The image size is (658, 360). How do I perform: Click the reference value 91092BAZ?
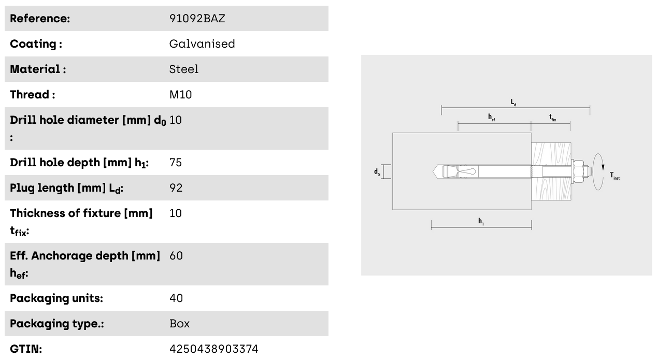tap(197, 19)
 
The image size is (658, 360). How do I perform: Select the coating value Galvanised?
tap(202, 44)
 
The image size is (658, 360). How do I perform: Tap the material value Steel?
tap(184, 69)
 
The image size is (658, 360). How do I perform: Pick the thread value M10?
tap(181, 95)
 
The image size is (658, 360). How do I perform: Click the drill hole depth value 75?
tap(176, 162)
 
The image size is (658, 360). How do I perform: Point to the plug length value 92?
tap(176, 188)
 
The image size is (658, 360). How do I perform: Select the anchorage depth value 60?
tap(176, 256)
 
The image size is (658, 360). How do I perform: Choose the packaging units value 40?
tap(176, 298)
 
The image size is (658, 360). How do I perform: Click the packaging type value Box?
tap(179, 324)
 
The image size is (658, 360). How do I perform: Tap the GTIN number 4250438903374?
tap(214, 349)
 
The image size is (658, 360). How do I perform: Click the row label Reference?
tap(40, 19)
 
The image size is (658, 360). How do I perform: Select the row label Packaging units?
tap(56, 298)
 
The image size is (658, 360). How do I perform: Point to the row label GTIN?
tap(26, 349)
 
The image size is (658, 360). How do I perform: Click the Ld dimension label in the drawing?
tap(513, 103)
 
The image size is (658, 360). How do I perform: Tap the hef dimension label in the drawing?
tap(492, 118)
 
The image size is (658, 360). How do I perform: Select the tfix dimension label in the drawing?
tap(552, 118)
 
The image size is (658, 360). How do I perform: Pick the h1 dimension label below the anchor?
tap(481, 221)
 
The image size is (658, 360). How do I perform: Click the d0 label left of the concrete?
tap(377, 172)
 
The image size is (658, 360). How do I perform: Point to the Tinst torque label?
tap(615, 176)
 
